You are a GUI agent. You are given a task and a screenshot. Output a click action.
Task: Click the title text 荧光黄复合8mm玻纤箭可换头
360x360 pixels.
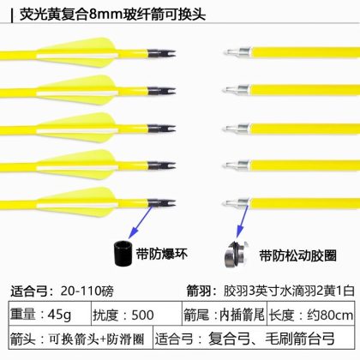112,15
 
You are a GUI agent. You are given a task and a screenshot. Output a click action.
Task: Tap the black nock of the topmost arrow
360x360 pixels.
161,53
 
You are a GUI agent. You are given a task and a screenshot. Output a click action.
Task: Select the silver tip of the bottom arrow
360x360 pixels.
237,203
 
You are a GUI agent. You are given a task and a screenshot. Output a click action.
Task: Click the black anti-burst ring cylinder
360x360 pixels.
123,254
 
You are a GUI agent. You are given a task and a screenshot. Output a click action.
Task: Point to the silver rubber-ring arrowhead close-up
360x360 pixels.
236,254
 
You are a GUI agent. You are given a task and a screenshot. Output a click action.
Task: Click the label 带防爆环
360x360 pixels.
162,254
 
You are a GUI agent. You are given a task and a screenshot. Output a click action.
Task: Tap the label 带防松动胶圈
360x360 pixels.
298,255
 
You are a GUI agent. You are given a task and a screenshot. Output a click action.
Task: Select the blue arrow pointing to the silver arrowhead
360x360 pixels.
242,221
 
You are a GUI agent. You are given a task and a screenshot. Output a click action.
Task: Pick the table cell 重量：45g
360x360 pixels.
50,314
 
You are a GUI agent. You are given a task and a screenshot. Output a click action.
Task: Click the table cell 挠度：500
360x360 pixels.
136,314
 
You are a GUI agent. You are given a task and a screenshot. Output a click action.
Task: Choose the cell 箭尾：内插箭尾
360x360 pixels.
225,314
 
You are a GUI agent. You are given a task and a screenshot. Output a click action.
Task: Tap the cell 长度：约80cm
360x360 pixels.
311,314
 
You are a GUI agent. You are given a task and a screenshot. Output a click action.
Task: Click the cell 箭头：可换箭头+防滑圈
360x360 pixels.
81,338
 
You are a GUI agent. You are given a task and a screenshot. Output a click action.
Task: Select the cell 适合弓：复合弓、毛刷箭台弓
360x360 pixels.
254,338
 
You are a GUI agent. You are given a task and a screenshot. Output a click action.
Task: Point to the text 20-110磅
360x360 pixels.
87,291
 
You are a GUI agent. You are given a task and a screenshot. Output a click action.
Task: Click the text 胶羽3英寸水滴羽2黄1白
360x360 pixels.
289,291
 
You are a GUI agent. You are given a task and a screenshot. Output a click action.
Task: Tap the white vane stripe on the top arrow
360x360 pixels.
77,56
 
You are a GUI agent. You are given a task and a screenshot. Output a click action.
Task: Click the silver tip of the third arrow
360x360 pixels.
237,129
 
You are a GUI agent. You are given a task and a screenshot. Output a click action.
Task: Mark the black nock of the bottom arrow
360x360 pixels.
161,202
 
